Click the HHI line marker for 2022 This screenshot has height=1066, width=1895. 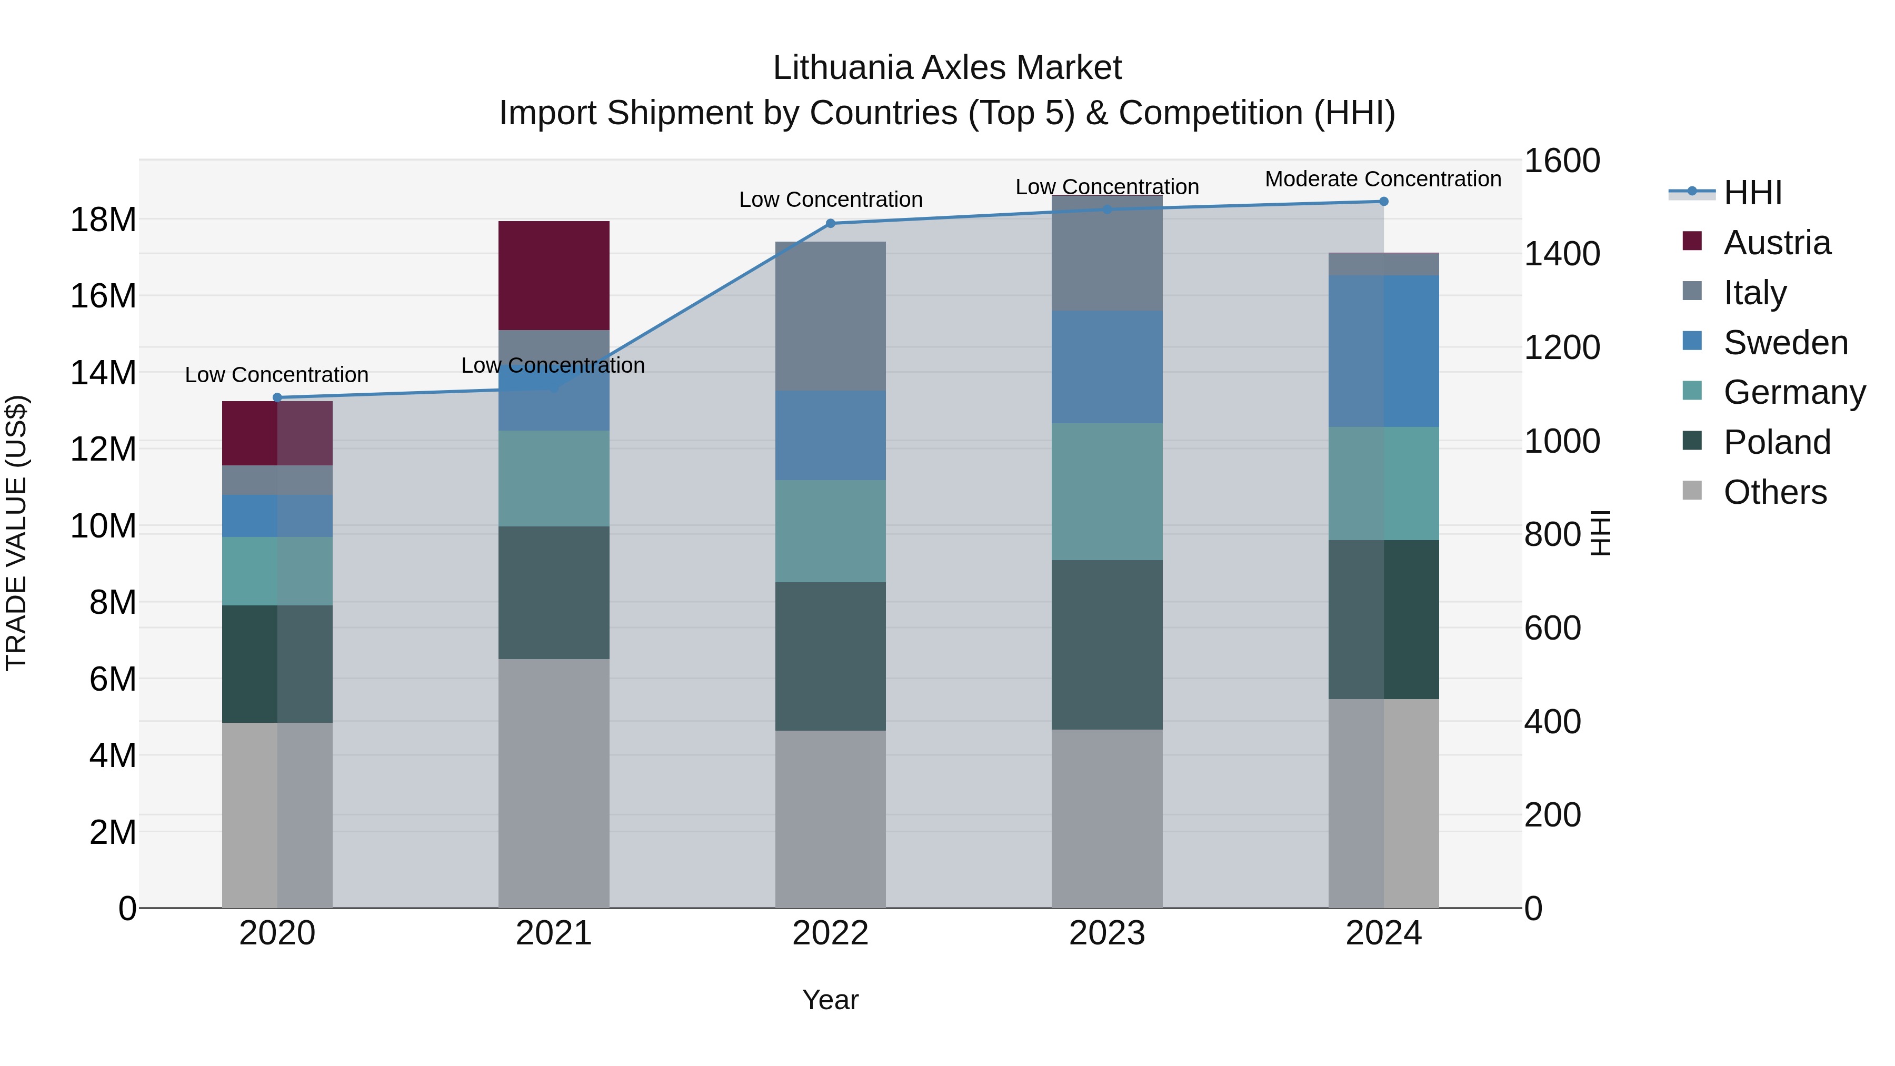tap(831, 223)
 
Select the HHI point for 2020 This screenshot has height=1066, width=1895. tap(277, 397)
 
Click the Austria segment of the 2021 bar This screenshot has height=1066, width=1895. tap(554, 275)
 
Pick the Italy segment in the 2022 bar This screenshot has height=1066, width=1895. tap(831, 316)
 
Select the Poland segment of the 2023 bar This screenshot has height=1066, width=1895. tap(1107, 644)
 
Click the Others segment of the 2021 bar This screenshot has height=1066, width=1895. tap(554, 783)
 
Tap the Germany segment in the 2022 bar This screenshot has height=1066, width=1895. tap(831, 531)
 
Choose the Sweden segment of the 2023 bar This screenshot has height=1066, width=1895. tap(1107, 366)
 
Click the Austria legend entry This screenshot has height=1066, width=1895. tap(1776, 243)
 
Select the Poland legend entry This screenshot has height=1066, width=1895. tap(1776, 442)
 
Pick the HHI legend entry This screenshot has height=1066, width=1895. tap(1752, 193)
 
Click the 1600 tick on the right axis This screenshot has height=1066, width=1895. tap(1562, 161)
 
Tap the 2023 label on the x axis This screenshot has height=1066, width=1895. tap(1107, 933)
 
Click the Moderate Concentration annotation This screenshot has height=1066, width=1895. tap(1383, 179)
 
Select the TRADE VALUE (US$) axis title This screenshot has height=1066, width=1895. tap(16, 533)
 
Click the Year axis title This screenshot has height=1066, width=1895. tap(831, 1000)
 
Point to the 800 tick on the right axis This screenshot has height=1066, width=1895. tap(1552, 535)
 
